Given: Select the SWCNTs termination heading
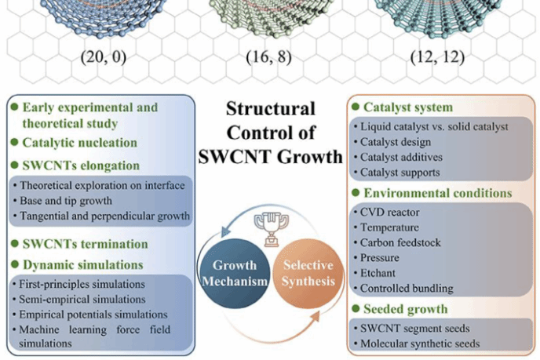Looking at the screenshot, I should (84, 244).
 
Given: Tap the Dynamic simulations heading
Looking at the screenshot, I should (82, 265).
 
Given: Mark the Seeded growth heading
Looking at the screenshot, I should (405, 309).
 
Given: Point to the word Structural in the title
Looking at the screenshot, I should (270, 109).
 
